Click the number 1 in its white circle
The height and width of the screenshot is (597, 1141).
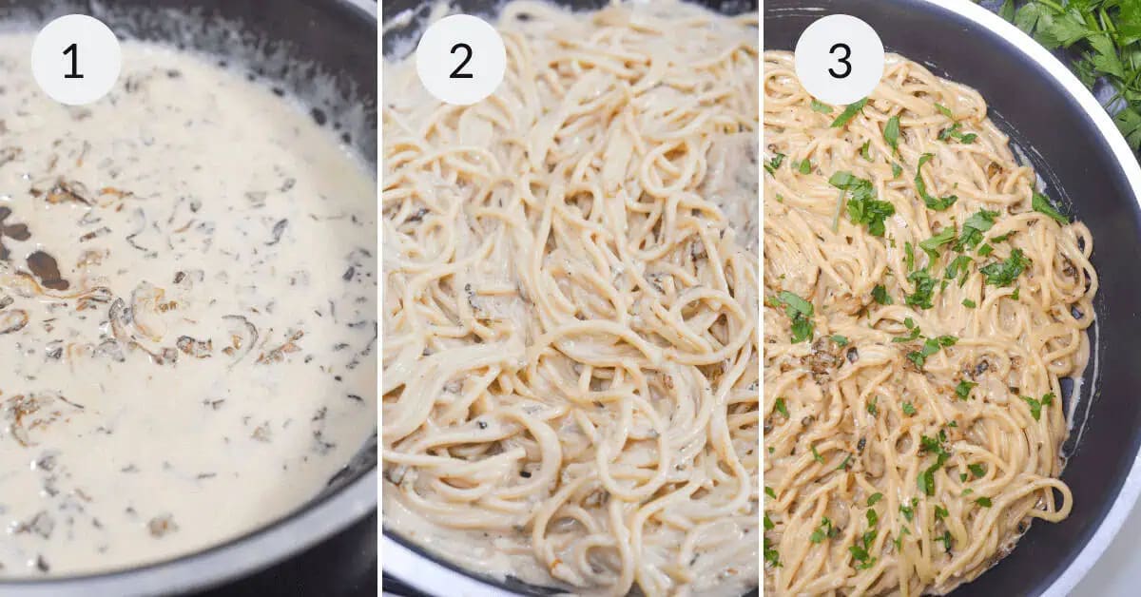[x=75, y=60]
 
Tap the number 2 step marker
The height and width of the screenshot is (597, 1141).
[x=460, y=60]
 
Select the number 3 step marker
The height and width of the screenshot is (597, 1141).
[x=839, y=60]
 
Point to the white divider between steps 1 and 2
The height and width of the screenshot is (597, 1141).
[x=379, y=298]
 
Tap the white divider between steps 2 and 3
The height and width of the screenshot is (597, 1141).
[x=761, y=298]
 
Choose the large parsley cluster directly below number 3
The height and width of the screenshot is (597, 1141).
[x=861, y=200]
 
